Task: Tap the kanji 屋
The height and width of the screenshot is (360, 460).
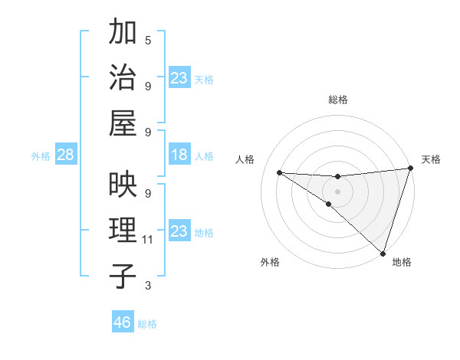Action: [x=123, y=123]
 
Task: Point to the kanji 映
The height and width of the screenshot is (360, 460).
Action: [x=123, y=185]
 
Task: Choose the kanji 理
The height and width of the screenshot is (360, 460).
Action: [x=123, y=231]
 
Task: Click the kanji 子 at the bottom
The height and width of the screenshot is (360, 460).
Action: [x=123, y=276]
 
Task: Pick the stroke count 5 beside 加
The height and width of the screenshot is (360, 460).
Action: [x=148, y=40]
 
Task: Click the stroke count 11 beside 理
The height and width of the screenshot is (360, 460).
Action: [x=148, y=240]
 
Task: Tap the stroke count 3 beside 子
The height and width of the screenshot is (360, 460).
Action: [x=148, y=286]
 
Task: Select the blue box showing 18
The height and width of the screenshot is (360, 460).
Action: [x=179, y=155]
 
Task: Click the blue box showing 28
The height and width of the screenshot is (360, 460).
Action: [x=65, y=155]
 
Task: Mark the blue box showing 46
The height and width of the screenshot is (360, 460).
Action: [x=122, y=323]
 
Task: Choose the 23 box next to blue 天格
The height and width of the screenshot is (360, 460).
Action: [x=179, y=78]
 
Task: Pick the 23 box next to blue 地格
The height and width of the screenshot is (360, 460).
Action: [x=179, y=231]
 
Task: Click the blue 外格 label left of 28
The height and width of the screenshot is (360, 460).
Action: [x=41, y=156]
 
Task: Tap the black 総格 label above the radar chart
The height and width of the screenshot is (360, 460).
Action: [x=338, y=100]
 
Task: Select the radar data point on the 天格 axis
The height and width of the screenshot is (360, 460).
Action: [x=410, y=169]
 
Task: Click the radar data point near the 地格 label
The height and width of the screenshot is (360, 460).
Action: [x=383, y=253]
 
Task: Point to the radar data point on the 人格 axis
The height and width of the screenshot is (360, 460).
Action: [x=280, y=172]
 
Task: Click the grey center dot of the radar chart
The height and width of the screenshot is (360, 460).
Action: [x=337, y=190]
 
